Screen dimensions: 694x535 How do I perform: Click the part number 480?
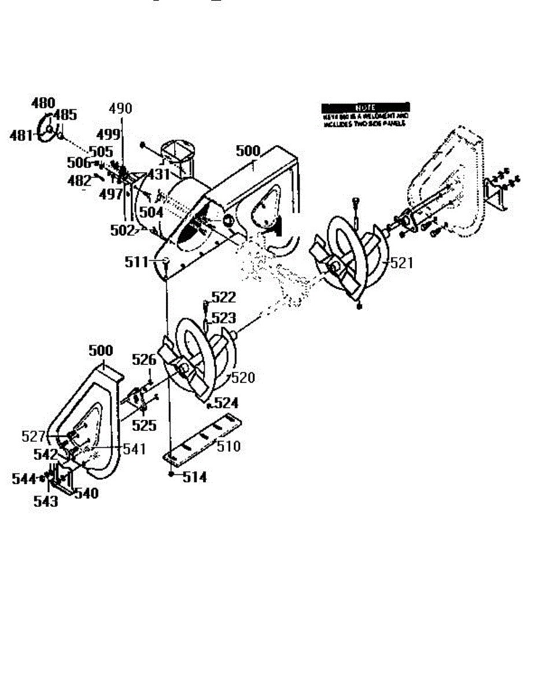click(x=43, y=103)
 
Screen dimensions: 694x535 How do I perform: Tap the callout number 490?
click(x=120, y=108)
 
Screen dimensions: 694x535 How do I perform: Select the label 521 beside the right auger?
click(x=402, y=263)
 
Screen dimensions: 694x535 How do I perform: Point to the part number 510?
click(x=228, y=446)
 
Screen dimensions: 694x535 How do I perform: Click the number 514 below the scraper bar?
click(x=195, y=478)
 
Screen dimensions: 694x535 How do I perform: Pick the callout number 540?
click(x=86, y=493)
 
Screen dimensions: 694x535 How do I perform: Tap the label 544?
click(x=24, y=478)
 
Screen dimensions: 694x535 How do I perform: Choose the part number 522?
click(x=223, y=297)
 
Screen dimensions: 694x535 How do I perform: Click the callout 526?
click(x=144, y=360)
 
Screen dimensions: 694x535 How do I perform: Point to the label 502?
click(x=122, y=230)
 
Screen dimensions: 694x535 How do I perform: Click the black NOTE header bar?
click(x=366, y=108)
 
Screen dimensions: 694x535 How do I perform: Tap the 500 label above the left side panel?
click(x=101, y=351)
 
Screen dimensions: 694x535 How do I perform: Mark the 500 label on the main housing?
click(x=248, y=152)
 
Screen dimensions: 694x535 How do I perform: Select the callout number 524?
click(x=227, y=403)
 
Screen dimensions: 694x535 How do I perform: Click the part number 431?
click(x=158, y=173)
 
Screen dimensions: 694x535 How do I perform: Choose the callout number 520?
click(x=243, y=378)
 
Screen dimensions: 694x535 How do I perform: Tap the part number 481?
click(x=22, y=136)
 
